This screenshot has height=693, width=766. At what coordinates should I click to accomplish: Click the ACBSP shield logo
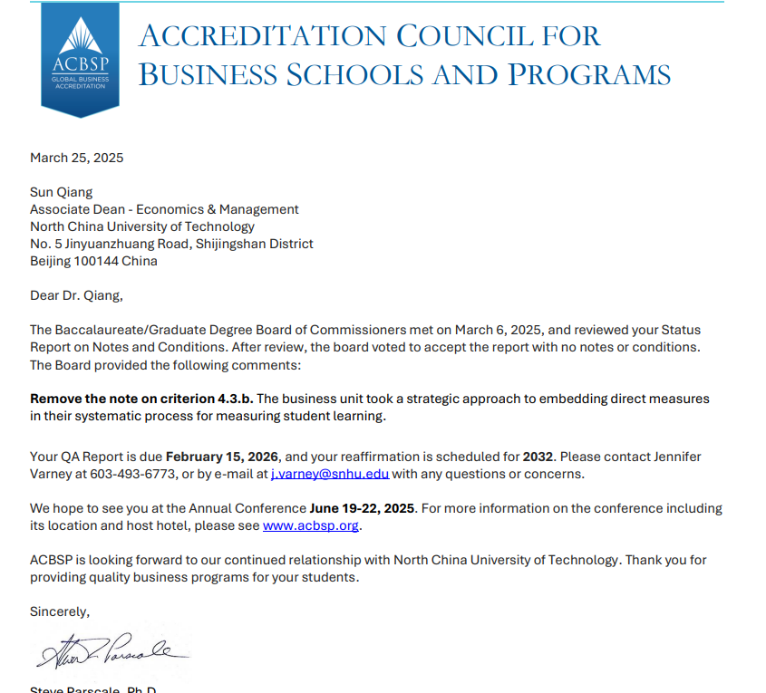click(80, 58)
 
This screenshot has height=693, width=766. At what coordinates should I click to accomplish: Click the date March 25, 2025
click(77, 158)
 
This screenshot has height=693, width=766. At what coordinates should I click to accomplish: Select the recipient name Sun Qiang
click(62, 192)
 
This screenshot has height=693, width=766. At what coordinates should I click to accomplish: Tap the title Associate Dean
click(77, 209)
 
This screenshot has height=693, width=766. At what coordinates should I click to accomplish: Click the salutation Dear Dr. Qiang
click(75, 295)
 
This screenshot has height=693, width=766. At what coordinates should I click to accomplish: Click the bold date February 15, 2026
click(223, 456)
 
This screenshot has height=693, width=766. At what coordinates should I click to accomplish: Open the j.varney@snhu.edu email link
click(330, 473)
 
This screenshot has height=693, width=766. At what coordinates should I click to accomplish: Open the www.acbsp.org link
click(311, 525)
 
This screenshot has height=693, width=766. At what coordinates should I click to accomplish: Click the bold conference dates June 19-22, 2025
click(363, 508)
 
